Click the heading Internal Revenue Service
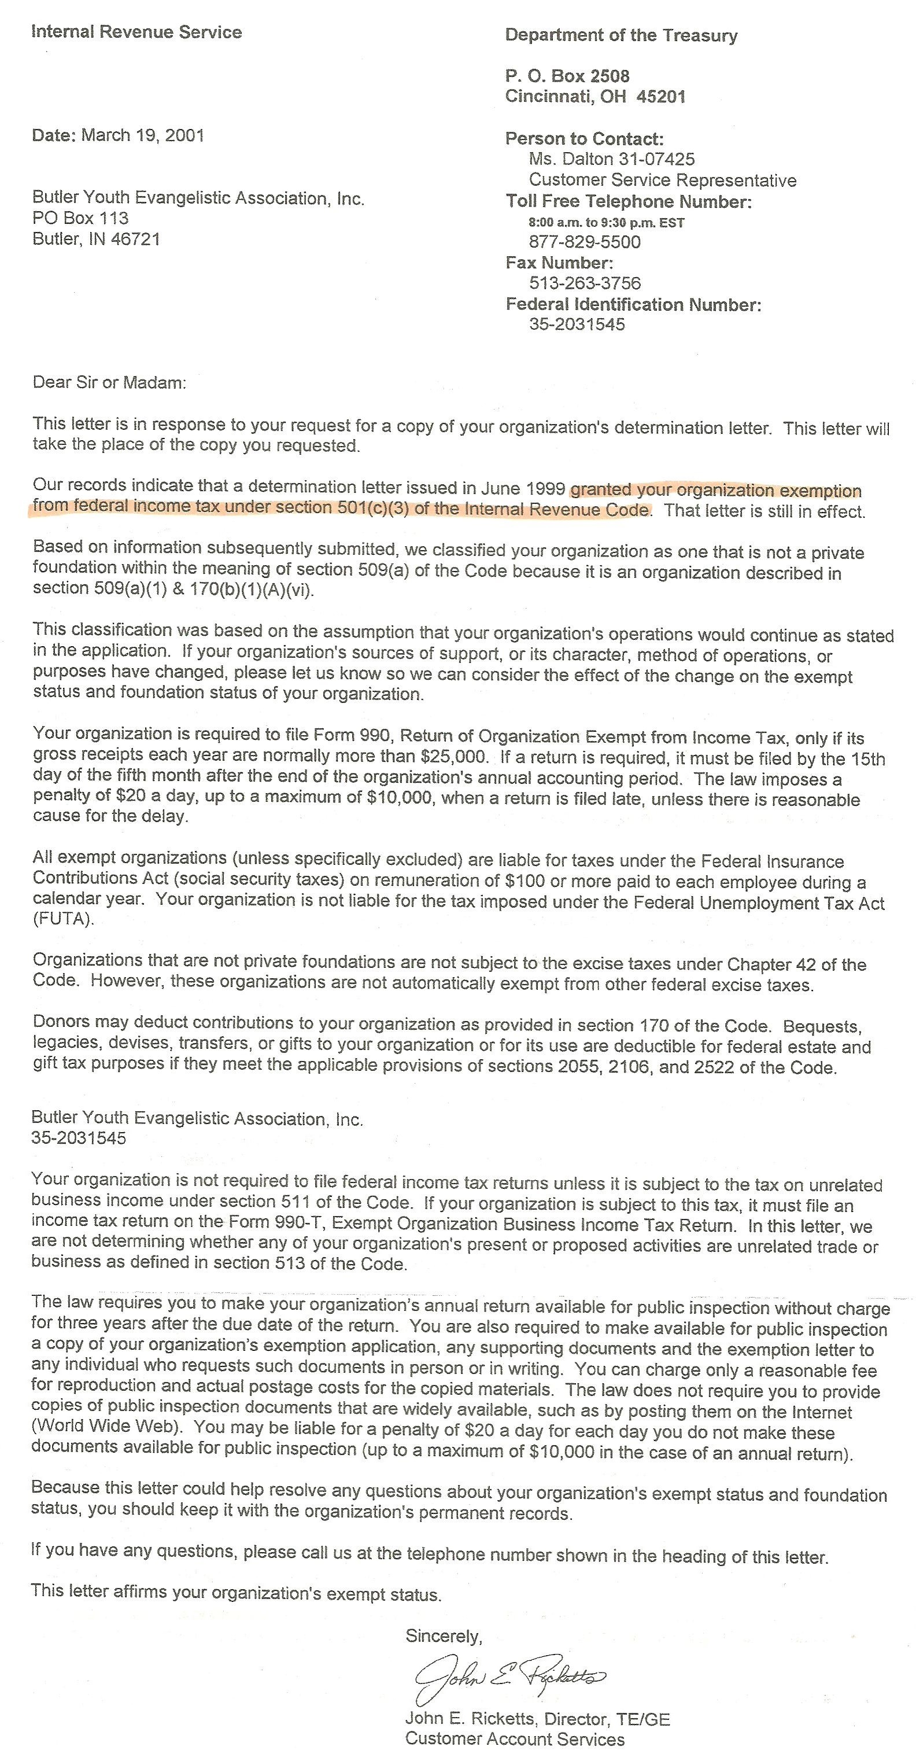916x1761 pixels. tap(136, 32)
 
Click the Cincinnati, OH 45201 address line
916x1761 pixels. tap(594, 97)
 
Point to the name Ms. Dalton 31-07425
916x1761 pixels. tap(611, 159)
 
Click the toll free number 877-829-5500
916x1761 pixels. tap(585, 242)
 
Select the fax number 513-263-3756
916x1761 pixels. tap(585, 283)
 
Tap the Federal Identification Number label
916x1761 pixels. tap(633, 304)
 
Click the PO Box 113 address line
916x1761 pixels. tap(80, 218)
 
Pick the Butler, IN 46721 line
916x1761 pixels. tap(97, 240)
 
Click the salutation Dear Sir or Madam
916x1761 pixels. tap(109, 382)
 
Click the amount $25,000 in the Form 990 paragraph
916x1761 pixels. tap(454, 757)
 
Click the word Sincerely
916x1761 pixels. tap(444, 1636)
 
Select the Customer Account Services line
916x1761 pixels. tap(515, 1739)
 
